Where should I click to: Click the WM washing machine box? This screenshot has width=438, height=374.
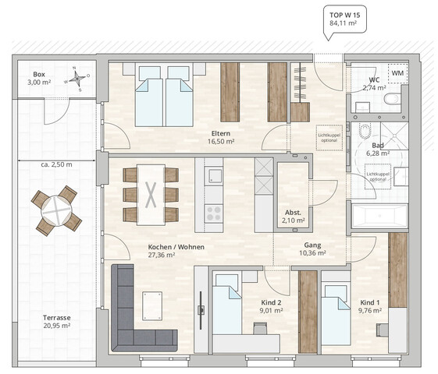(x=397, y=73)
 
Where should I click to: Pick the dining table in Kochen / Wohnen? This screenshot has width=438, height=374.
(x=151, y=194)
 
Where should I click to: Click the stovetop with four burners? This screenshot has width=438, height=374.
(x=213, y=213)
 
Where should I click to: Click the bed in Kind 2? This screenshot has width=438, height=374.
(x=227, y=310)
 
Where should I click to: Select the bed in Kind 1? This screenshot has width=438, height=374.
(x=336, y=315)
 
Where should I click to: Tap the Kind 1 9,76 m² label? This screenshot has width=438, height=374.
(x=370, y=305)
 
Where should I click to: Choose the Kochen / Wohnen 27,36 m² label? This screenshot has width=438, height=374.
(x=162, y=250)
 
